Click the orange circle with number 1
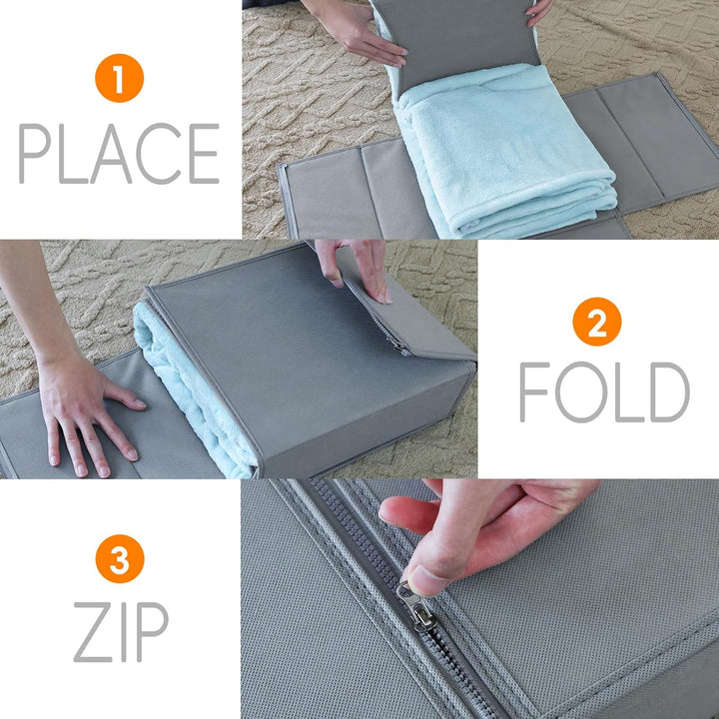(119, 78)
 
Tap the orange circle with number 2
(597, 322)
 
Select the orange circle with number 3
(120, 558)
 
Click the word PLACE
(119, 153)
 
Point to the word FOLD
(604, 391)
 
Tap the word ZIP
(121, 632)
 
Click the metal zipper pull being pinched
(416, 606)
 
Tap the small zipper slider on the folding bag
(398, 346)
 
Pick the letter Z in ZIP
(93, 632)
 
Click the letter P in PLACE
(34, 153)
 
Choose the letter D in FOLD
(670, 392)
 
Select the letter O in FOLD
(581, 392)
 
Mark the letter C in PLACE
(159, 153)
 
